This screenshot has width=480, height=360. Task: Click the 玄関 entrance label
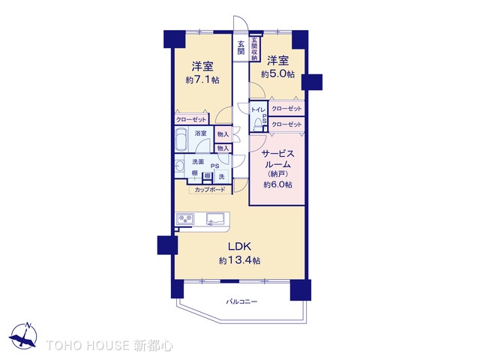[x=241, y=47]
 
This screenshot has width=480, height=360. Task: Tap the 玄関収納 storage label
[x=255, y=49]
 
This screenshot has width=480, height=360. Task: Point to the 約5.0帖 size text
[x=277, y=74]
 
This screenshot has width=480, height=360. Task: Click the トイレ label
[x=256, y=109]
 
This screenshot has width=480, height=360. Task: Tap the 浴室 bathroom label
[x=200, y=133]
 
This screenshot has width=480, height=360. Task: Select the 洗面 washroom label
[x=198, y=162]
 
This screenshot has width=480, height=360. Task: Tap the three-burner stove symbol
[x=186, y=219]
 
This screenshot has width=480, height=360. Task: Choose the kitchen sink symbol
[x=216, y=219]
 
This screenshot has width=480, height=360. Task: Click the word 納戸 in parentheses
[x=277, y=174]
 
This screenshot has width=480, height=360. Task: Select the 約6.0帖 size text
[x=277, y=184]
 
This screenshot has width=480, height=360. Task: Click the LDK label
[x=239, y=247]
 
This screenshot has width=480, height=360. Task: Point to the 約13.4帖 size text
[x=239, y=260]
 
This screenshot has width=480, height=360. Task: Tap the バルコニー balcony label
[x=241, y=301]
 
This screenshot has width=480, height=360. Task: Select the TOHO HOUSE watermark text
[x=109, y=346]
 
